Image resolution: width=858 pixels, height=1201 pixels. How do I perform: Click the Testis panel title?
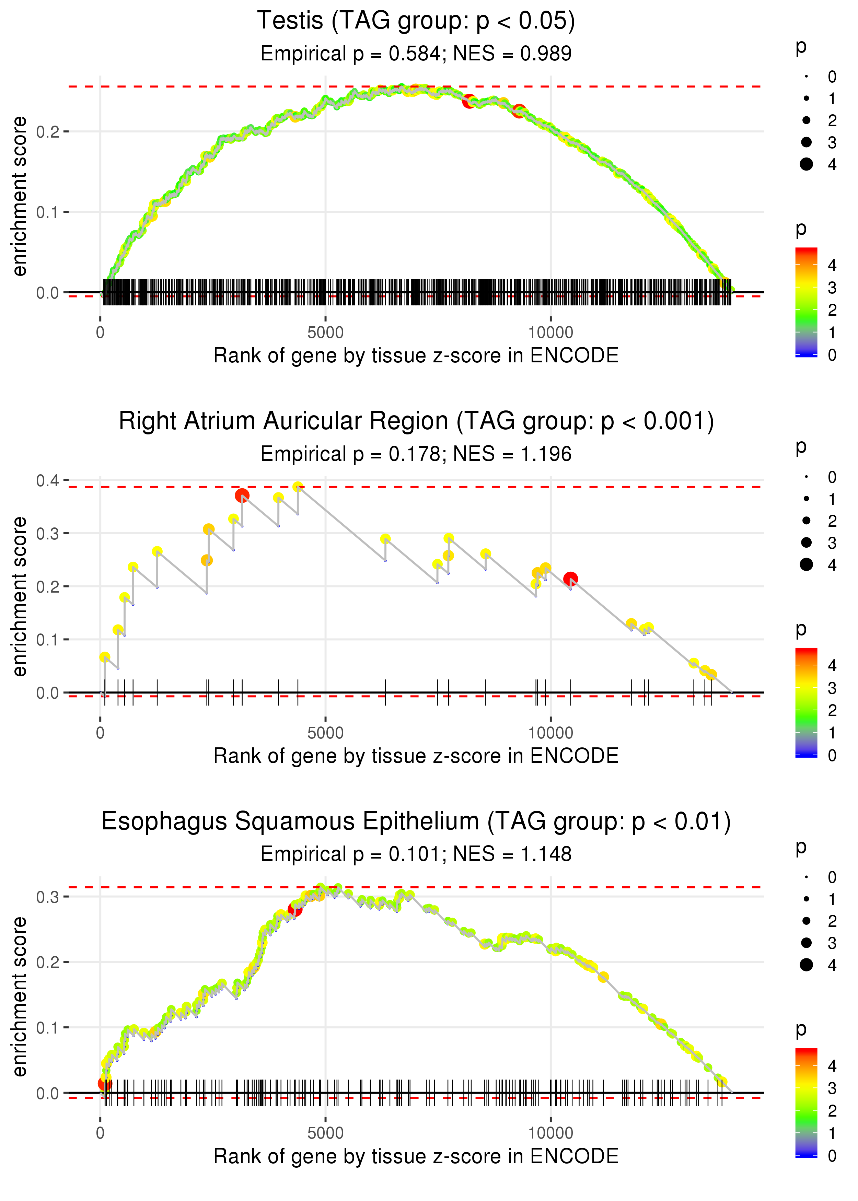point(416,21)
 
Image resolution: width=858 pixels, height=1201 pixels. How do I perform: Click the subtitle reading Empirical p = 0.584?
point(416,53)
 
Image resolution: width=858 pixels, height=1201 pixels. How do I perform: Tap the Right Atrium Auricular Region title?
point(416,421)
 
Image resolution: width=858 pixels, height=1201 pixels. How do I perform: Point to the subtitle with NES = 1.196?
point(416,454)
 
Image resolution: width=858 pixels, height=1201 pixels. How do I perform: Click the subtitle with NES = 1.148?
point(416,854)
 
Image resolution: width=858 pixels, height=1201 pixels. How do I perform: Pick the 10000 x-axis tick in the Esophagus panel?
point(550,1133)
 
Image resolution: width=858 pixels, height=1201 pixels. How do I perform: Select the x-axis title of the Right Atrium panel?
point(416,756)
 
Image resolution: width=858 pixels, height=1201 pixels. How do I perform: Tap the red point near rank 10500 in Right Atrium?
point(570,579)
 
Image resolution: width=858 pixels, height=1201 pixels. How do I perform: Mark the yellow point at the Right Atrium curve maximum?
point(298,487)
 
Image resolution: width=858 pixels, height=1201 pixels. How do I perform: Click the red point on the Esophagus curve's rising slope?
point(295,909)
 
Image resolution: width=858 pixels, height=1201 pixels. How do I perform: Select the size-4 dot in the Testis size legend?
point(806,164)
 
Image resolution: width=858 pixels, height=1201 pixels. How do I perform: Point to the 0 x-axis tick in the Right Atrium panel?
point(100,733)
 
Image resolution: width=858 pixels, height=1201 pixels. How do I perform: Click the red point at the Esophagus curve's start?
point(105,1084)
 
